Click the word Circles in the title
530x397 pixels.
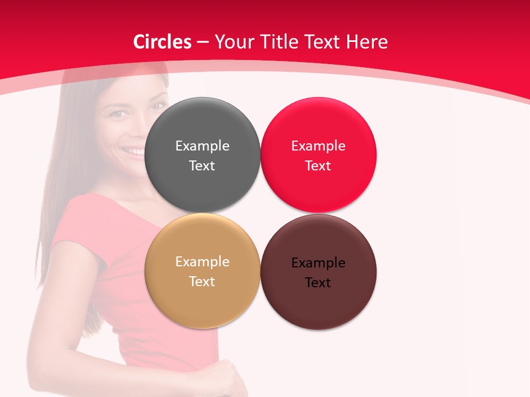click(162, 42)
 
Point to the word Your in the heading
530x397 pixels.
click(234, 42)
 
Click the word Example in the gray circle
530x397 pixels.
click(202, 146)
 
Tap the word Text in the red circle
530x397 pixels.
click(318, 166)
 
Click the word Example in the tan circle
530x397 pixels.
click(202, 261)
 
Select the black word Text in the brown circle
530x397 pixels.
click(318, 283)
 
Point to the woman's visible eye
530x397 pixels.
click(118, 114)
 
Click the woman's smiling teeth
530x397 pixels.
click(134, 150)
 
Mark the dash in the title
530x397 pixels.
click(203, 42)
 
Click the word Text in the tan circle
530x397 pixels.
click(202, 282)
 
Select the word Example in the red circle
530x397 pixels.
click(318, 146)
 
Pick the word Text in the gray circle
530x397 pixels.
click(202, 166)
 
